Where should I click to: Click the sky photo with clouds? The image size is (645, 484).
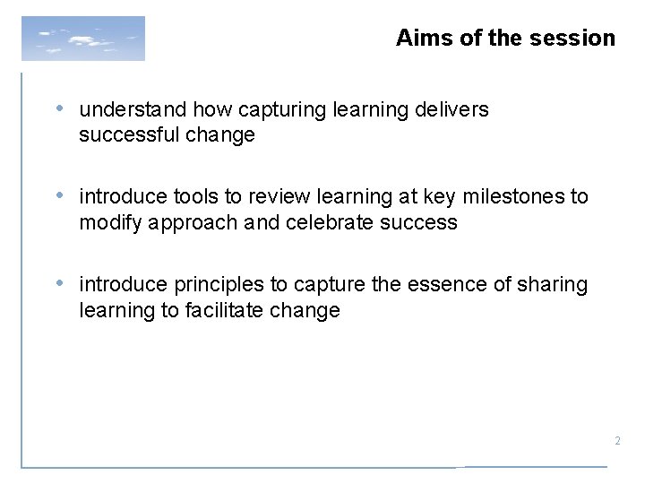click(x=82, y=39)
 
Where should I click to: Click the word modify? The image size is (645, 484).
click(x=107, y=223)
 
